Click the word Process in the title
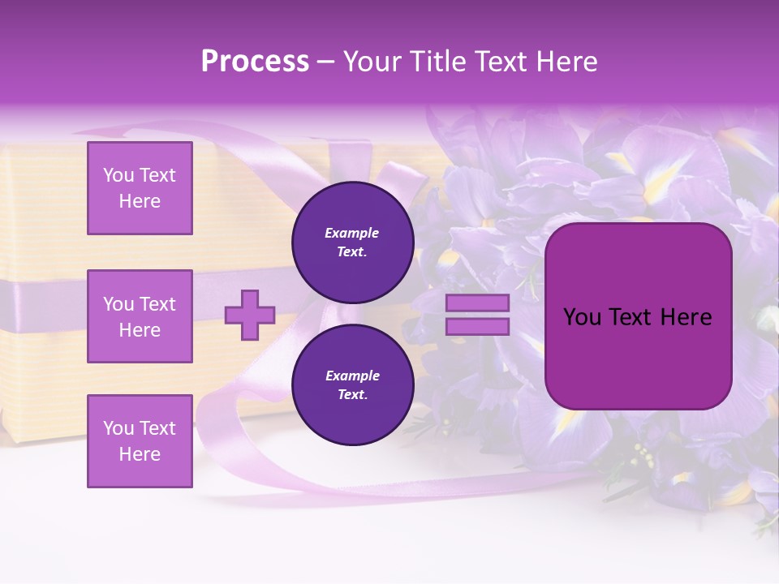point(255,62)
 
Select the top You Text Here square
point(140,188)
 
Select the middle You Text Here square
point(140,316)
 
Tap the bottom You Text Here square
point(140,441)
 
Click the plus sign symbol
point(250,315)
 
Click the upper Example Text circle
point(352,243)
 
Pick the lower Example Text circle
point(352,385)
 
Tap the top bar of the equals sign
point(477,303)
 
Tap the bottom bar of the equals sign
point(477,326)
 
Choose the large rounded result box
point(638,316)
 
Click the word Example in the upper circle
point(352,234)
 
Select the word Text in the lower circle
point(352,395)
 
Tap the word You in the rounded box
point(582,317)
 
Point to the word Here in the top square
point(140,201)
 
